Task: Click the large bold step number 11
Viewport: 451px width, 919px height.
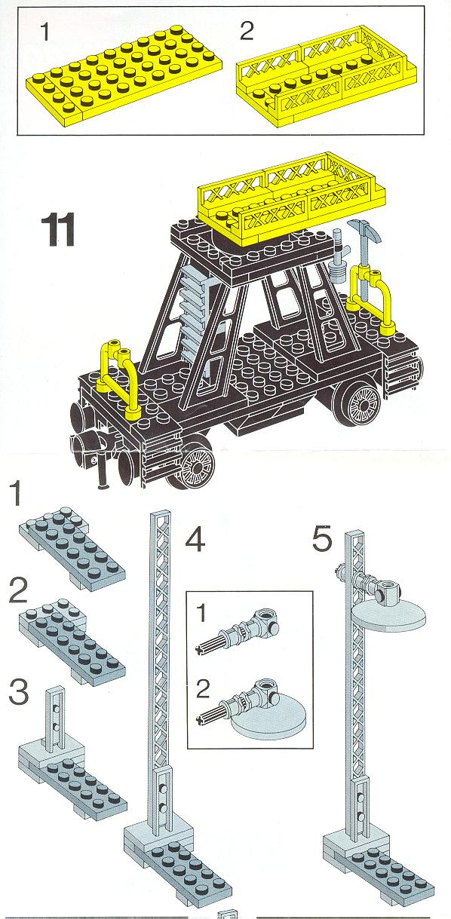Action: (x=58, y=230)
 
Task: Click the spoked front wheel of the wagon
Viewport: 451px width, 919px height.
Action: (x=198, y=467)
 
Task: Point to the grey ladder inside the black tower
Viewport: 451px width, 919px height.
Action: (x=194, y=312)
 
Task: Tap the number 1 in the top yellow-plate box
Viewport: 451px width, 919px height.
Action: (x=45, y=32)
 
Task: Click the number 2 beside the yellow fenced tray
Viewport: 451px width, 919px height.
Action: (x=247, y=31)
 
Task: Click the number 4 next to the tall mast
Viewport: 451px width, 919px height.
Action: (x=195, y=538)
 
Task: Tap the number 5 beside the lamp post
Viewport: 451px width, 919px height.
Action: (x=322, y=538)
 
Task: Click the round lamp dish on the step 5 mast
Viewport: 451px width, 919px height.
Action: (x=388, y=616)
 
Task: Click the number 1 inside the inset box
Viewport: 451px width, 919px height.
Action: (x=201, y=614)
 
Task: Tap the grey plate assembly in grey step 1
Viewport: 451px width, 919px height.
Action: (x=72, y=548)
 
